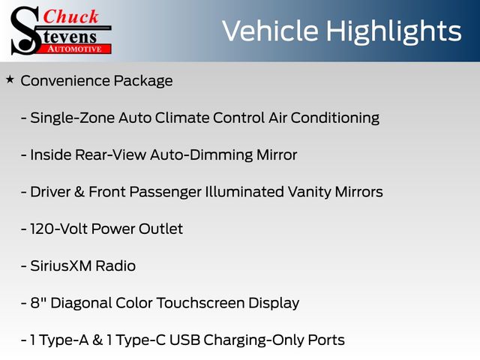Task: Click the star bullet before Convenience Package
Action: [10, 79]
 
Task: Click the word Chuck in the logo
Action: [70, 16]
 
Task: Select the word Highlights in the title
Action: [393, 32]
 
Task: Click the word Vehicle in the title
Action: [270, 31]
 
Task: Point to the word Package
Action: [143, 82]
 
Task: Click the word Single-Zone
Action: [72, 118]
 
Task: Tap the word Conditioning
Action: [335, 118]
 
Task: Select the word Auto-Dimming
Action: [201, 155]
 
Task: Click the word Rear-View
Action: [110, 154]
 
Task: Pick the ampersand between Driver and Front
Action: [79, 192]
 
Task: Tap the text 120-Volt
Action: [58, 229]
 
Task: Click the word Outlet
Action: [160, 229]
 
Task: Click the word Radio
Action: [115, 266]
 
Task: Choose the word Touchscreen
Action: [200, 303]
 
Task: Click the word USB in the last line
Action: [184, 340]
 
